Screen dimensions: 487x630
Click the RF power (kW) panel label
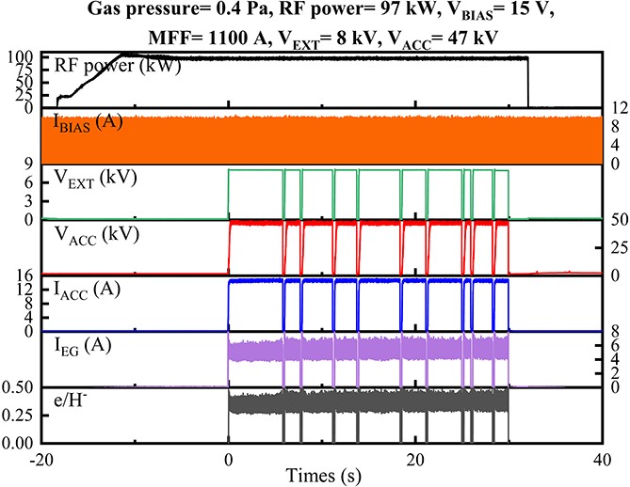pyautogui.click(x=105, y=65)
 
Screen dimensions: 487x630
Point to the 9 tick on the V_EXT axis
pyautogui.click(x=29, y=165)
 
